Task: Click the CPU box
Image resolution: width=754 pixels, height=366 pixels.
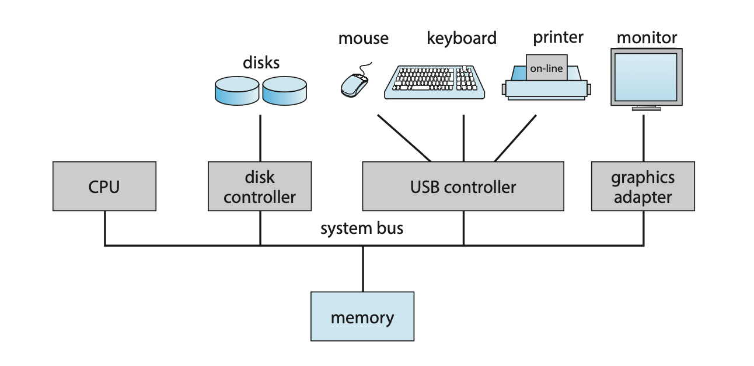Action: point(104,187)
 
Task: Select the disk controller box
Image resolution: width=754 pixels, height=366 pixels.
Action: point(260,187)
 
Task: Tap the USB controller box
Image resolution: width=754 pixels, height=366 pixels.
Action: point(463,187)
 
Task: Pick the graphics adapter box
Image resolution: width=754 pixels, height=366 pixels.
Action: point(643,187)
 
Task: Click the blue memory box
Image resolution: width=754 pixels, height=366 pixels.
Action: point(362,317)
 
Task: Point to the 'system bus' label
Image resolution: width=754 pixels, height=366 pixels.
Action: point(362,228)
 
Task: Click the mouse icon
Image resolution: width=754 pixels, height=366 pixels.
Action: point(354,84)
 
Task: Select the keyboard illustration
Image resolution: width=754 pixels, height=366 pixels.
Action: point(435,82)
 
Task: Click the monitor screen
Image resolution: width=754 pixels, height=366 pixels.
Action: point(646,77)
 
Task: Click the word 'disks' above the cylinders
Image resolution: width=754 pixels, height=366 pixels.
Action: point(261,62)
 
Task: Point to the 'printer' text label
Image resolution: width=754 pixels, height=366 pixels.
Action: point(558,38)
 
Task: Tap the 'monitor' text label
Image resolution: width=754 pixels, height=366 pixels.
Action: point(647,38)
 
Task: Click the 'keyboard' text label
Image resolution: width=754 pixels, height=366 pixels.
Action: point(462,39)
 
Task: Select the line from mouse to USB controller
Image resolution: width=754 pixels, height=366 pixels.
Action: point(404,138)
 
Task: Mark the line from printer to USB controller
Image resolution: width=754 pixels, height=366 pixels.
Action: point(515,138)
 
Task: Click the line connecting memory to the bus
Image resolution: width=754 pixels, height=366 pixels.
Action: point(362,269)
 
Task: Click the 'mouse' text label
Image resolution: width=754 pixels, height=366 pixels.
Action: point(363,39)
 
